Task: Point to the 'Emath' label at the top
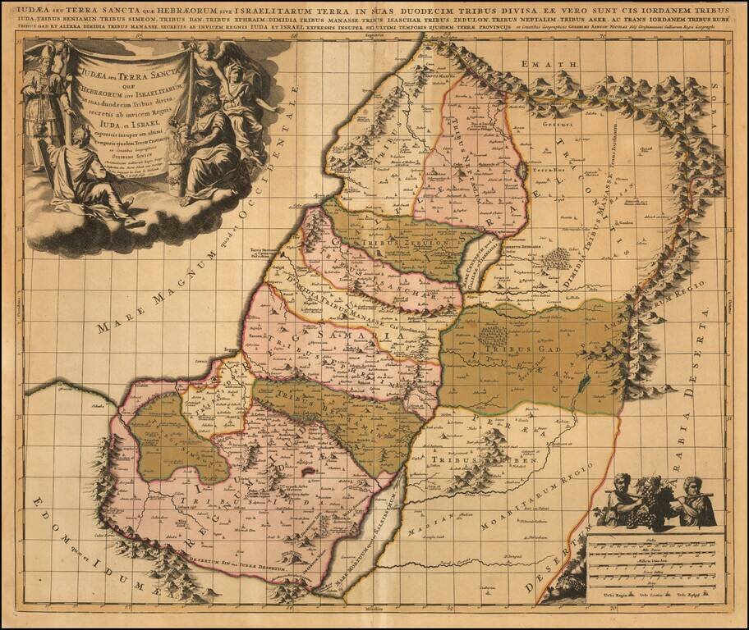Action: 557,64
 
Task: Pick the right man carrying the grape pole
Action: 691,500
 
